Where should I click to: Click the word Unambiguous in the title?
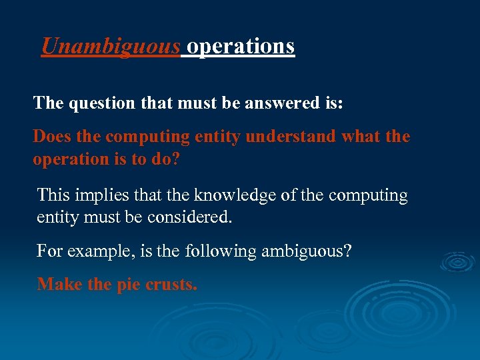pyautogui.click(x=111, y=46)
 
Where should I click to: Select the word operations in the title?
pyautogui.click(x=241, y=46)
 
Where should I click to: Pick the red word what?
pyautogui.click(x=361, y=137)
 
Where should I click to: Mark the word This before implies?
pyautogui.click(x=53, y=195)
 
